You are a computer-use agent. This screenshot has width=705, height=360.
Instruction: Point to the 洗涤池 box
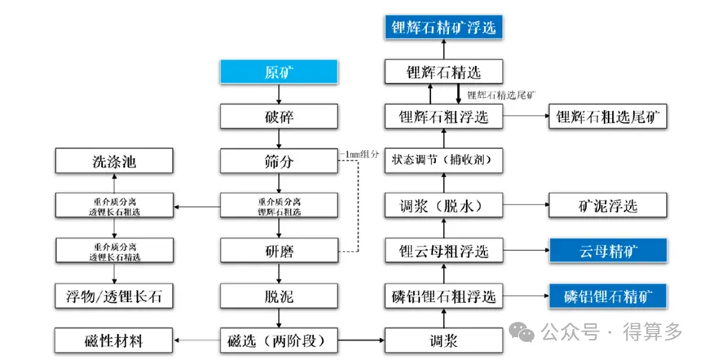pyautogui.click(x=114, y=160)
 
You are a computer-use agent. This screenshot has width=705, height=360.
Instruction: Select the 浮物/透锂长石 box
pyautogui.click(x=114, y=294)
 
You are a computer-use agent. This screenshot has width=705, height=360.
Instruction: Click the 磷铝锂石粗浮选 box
pyautogui.click(x=442, y=294)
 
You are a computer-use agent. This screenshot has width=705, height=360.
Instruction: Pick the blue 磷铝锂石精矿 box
pyautogui.click(x=608, y=294)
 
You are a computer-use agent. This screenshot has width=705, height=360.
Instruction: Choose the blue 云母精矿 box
pyautogui.click(x=608, y=250)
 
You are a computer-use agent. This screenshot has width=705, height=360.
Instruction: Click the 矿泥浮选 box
pyautogui.click(x=608, y=205)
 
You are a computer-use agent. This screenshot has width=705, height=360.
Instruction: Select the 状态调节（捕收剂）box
pyautogui.click(x=442, y=160)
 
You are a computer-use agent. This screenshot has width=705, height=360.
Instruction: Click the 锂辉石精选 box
pyautogui.click(x=442, y=72)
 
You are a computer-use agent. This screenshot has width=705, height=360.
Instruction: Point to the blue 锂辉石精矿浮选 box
pyautogui.click(x=442, y=27)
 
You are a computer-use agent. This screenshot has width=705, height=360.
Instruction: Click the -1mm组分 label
pyautogui.click(x=359, y=152)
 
